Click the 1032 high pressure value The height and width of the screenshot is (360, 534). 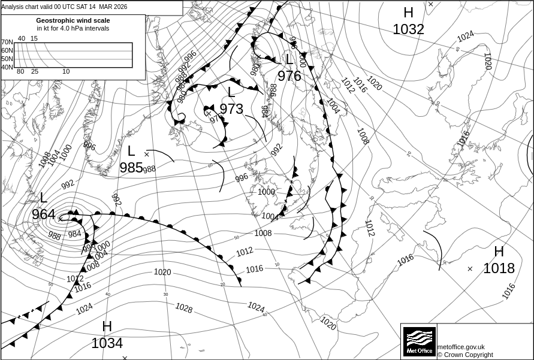point(408,29)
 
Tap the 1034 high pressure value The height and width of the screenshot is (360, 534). point(107,343)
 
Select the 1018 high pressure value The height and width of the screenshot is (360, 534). point(499,268)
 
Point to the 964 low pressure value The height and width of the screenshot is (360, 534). point(44,214)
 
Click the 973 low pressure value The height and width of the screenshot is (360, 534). point(231,108)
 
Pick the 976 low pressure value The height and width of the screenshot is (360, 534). point(289,76)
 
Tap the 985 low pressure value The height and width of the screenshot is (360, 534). point(131,168)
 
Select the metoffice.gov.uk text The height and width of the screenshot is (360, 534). point(461,347)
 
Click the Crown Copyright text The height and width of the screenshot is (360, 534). point(465,355)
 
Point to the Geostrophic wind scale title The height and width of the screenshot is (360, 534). point(73,20)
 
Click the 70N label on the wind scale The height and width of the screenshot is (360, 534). point(7,43)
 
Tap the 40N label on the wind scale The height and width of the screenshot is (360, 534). point(7,67)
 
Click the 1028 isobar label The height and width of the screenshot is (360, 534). point(183,308)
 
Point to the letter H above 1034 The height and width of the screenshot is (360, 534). point(107,326)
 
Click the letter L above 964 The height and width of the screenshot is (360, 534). point(44,198)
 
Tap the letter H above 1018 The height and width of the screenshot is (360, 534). point(499,252)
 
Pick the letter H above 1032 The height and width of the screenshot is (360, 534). point(408,13)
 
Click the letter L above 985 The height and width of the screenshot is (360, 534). point(131,152)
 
